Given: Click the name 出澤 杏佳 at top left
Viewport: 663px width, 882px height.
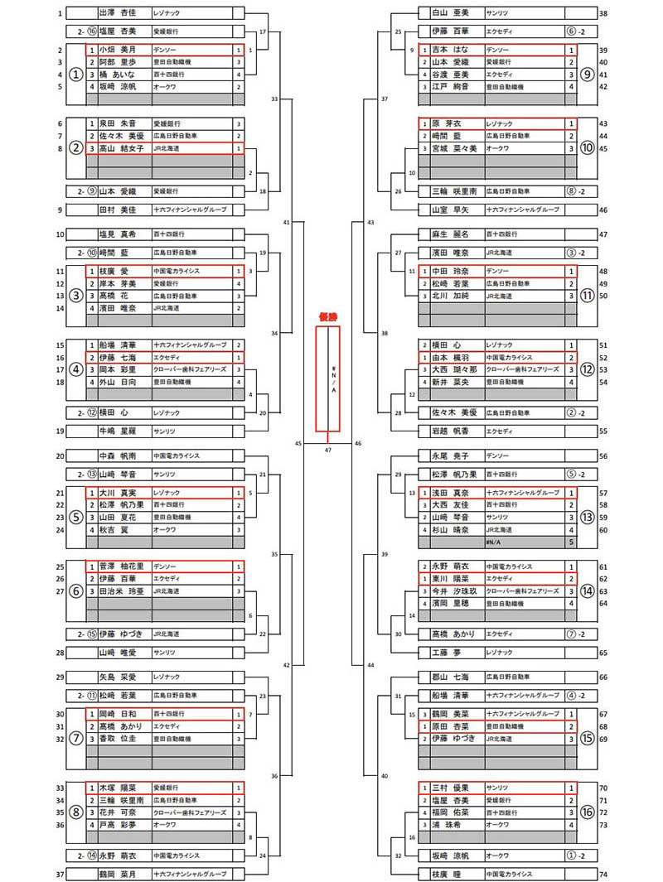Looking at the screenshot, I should click(118, 13).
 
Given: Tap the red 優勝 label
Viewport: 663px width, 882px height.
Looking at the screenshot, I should click(328, 316).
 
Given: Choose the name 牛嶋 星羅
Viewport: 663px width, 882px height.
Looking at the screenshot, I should click(118, 431).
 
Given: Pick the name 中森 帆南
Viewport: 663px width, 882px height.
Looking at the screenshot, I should click(118, 455).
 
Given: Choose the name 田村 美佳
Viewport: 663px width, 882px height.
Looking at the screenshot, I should click(118, 210).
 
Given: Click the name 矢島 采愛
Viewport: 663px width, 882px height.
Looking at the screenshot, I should click(118, 677).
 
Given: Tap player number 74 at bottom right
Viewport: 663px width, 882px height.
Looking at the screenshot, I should click(603, 874).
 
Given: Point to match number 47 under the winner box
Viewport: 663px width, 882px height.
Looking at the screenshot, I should click(328, 450).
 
